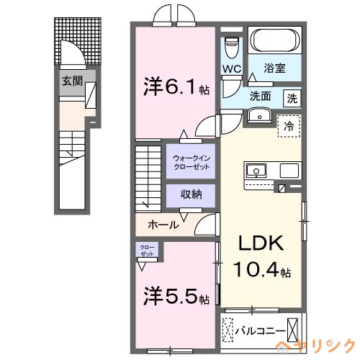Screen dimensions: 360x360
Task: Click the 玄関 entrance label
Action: pyautogui.click(x=70, y=81)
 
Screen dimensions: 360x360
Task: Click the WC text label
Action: pyautogui.click(x=231, y=69)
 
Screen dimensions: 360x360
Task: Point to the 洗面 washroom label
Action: pyautogui.click(x=261, y=96)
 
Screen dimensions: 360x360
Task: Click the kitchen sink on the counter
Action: pyautogui.click(x=256, y=171)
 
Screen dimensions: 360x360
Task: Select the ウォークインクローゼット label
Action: pyautogui.click(x=192, y=161)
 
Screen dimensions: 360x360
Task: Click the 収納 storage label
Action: pyautogui.click(x=192, y=194)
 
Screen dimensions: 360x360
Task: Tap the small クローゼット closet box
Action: pyautogui.click(x=146, y=251)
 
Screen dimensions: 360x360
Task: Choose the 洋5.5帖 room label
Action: pyautogui.click(x=175, y=296)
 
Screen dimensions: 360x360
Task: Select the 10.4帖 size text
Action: pyautogui.click(x=263, y=271)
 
